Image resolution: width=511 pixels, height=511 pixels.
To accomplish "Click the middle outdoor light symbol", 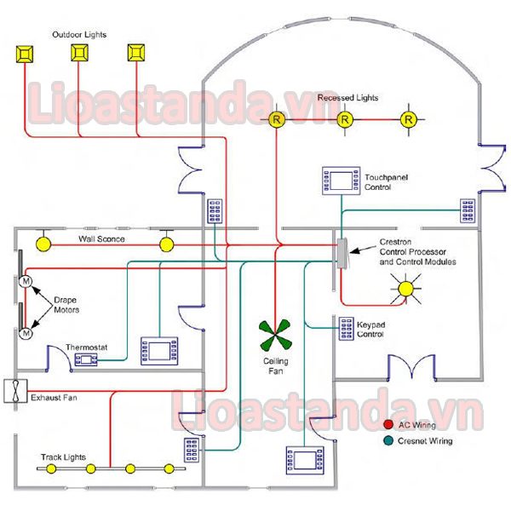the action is [x=79, y=53].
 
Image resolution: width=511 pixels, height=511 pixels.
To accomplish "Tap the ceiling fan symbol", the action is [x=275, y=336].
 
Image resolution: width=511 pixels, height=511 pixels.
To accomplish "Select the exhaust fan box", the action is [x=15, y=391].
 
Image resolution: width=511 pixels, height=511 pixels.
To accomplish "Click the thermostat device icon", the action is [x=86, y=359].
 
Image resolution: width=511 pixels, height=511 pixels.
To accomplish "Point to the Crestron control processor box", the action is [x=342, y=253].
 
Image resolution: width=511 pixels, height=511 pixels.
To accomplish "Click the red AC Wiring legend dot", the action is [x=388, y=424].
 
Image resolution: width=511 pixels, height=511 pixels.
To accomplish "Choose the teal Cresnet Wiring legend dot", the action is [x=388, y=440].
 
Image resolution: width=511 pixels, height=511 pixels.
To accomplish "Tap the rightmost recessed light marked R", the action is [x=408, y=119].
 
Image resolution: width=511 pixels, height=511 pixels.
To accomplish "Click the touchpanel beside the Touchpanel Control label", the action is [x=342, y=181].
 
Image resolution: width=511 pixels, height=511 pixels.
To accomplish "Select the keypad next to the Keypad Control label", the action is [x=347, y=329].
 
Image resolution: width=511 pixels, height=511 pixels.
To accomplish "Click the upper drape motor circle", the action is [x=26, y=281].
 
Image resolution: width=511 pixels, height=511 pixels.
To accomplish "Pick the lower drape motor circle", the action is [x=26, y=333].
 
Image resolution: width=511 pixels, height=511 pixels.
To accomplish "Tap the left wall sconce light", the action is [x=43, y=244].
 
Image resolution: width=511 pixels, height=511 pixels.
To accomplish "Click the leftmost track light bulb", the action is [x=51, y=469].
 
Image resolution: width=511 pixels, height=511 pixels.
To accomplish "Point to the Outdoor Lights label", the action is [x=79, y=35].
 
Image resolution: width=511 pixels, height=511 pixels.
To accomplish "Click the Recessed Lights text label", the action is [x=347, y=97].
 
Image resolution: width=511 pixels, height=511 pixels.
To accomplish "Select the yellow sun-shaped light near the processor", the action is [x=405, y=289].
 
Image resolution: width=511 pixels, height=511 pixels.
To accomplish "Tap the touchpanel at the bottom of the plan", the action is [x=305, y=460].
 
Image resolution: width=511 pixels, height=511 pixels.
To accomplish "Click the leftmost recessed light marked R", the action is [x=277, y=119].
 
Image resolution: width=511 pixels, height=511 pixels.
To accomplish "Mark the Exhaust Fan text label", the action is [x=55, y=398].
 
